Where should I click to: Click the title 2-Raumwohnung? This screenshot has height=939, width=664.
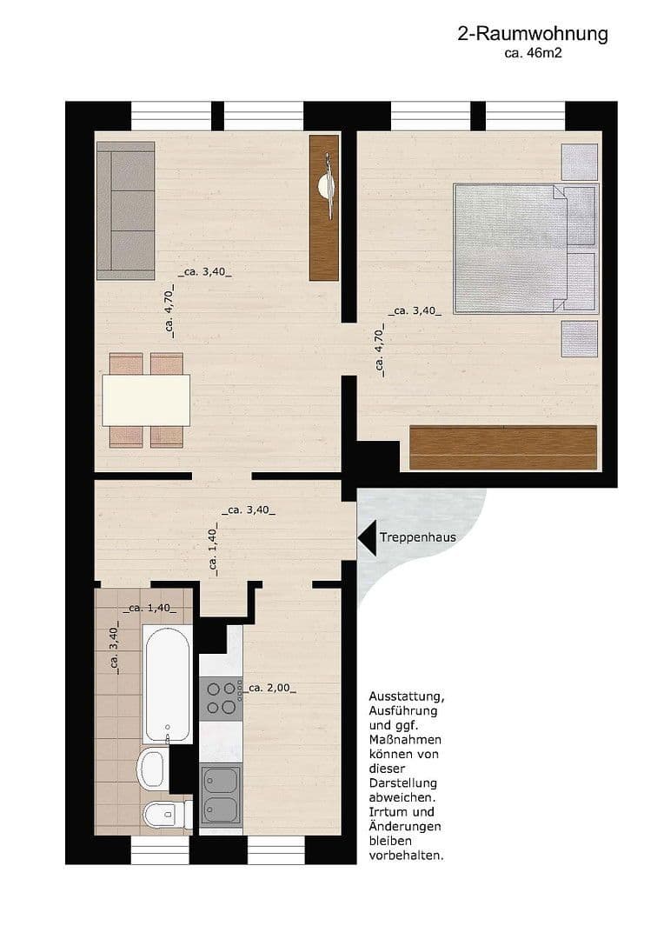[x=532, y=35]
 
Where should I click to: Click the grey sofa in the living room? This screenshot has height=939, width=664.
[x=125, y=210]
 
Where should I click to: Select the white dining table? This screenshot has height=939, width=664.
[x=146, y=400]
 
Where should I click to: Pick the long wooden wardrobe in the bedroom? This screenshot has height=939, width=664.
[x=503, y=448]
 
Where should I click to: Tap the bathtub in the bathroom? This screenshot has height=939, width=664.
[x=168, y=680]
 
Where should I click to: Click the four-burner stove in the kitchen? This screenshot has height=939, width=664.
[x=221, y=697]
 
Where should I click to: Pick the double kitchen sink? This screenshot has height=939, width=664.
[x=221, y=795]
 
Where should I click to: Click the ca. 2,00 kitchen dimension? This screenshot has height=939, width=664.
[x=270, y=688]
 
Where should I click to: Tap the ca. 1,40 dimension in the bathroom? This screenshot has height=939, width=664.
[x=149, y=608]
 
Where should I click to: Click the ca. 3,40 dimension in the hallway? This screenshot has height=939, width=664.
[x=249, y=510]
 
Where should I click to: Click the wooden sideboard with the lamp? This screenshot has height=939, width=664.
[x=324, y=207]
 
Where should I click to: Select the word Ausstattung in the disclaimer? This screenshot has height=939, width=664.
[x=407, y=697]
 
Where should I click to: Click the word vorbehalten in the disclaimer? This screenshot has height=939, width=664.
[x=407, y=855]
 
